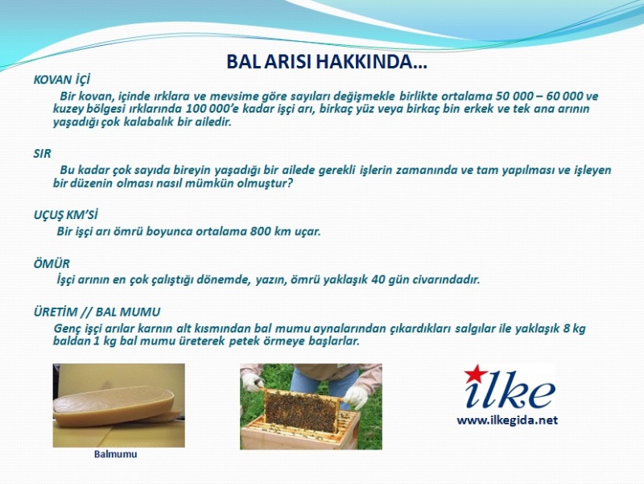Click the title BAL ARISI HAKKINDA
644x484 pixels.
(x=327, y=62)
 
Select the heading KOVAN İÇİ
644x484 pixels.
(x=62, y=79)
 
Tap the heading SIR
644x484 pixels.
(x=43, y=154)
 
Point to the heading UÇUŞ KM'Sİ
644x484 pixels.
(x=66, y=215)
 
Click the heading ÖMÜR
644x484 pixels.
(x=52, y=263)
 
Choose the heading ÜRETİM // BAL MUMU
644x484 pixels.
(x=97, y=312)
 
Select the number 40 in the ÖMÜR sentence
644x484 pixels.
(x=378, y=279)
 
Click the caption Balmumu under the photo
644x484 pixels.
(x=115, y=454)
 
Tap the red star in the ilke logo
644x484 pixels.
(x=473, y=374)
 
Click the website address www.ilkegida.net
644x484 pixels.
(x=507, y=420)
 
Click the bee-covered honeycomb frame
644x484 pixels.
(x=302, y=410)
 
